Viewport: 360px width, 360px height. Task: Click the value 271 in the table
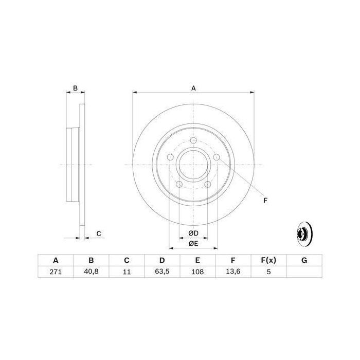(x=55, y=273)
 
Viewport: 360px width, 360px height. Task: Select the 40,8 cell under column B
(x=91, y=273)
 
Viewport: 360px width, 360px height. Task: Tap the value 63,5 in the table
(x=161, y=273)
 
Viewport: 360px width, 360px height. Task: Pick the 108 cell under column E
(x=197, y=273)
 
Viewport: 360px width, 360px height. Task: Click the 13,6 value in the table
(x=232, y=273)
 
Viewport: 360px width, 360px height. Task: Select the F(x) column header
(x=268, y=260)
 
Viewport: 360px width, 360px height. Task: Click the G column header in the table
(x=304, y=260)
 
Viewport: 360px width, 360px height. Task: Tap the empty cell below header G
(x=304, y=273)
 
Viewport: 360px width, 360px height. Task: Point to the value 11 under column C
(x=126, y=273)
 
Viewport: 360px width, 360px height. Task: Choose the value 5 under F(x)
(x=268, y=273)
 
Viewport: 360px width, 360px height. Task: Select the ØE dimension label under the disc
(x=193, y=243)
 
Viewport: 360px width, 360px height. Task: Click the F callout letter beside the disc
(x=265, y=200)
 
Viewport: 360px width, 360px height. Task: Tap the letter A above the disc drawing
(x=194, y=88)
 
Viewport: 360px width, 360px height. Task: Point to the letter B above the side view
(x=75, y=88)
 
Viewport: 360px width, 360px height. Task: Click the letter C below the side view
(x=99, y=234)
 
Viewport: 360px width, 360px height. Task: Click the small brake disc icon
(x=304, y=234)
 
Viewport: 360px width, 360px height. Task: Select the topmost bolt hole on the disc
(x=193, y=142)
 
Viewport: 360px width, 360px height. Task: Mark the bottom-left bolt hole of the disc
(x=179, y=185)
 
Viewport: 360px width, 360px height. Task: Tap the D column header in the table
(x=161, y=260)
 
